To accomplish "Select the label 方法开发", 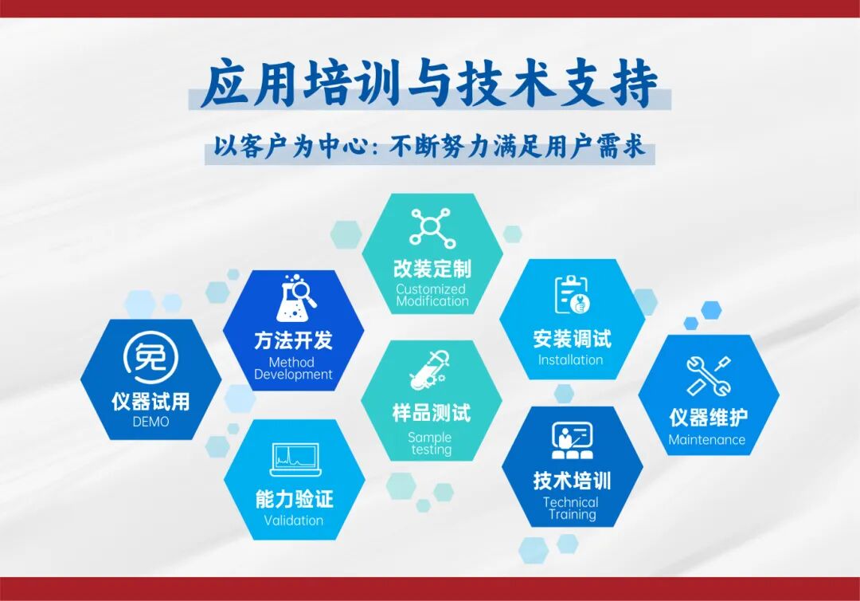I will (293, 340).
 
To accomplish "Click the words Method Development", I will (293, 368).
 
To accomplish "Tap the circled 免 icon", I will (151, 357).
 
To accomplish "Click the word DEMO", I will (151, 422).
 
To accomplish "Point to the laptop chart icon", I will (295, 458).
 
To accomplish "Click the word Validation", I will (294, 520).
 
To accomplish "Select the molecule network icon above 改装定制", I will (432, 226).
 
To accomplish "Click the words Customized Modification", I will (432, 295).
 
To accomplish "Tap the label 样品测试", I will (432, 413).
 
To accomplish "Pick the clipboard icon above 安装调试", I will (571, 295).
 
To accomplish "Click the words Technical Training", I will (571, 509).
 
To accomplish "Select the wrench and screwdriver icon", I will (708, 376).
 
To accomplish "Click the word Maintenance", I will (707, 440).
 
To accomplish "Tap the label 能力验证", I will (294, 500).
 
